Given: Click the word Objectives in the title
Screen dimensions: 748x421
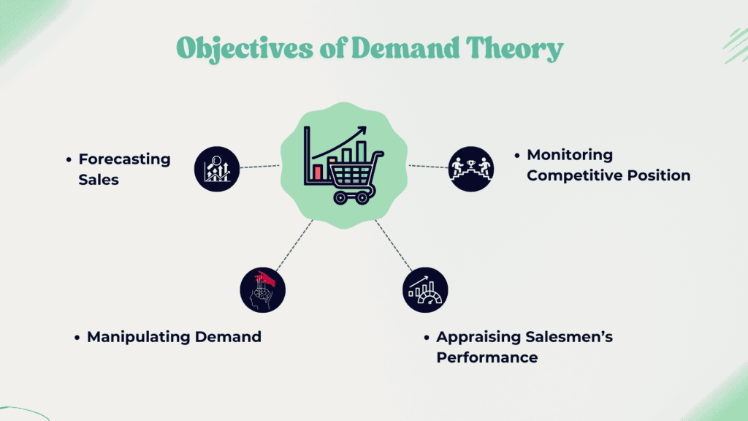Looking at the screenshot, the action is tap(245, 49).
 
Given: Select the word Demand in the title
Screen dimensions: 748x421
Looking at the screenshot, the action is tap(405, 48).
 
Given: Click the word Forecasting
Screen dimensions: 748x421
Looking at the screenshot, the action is tap(124, 159).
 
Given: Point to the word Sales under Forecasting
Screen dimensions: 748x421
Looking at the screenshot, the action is tap(99, 180).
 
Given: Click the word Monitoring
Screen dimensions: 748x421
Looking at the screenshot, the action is tap(570, 155).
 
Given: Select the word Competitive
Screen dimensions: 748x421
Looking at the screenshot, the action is tap(575, 175).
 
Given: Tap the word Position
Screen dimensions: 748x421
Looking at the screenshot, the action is tap(659, 175).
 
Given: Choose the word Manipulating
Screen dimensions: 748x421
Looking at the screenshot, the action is tap(139, 337).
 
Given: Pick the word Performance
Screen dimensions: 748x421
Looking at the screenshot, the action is tap(487, 357).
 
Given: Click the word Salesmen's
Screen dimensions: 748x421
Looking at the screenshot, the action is tap(568, 336).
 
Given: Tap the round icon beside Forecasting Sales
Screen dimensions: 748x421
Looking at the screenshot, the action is tap(217, 169).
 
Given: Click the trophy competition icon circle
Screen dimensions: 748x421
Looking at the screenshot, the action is tap(471, 169).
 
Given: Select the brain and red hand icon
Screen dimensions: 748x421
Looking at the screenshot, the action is tap(263, 289).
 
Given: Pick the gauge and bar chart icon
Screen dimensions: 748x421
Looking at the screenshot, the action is tap(425, 289).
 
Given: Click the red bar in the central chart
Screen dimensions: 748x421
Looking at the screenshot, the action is tap(318, 172).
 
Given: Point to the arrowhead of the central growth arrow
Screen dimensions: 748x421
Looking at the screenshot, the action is tap(362, 130).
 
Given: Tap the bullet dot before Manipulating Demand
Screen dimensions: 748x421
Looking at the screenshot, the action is tap(77, 338).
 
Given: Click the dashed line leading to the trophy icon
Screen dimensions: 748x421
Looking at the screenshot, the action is tap(428, 167).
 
